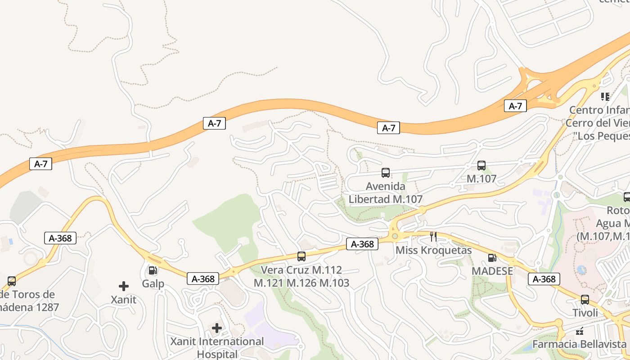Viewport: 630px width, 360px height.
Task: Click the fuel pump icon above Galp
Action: [153, 270]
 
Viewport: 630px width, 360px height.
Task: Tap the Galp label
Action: [153, 284]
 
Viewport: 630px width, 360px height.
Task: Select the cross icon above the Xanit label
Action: [124, 286]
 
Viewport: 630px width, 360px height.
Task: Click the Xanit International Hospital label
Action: [217, 347]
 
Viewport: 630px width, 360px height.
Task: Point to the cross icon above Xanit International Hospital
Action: [217, 328]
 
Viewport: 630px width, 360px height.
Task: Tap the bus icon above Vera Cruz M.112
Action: [301, 256]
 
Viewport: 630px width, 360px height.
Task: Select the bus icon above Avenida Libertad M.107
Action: [386, 172]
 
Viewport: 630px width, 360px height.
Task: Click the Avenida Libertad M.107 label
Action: [386, 193]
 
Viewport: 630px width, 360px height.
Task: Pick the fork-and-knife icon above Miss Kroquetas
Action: [433, 237]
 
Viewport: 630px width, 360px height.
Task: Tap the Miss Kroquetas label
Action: [433, 250]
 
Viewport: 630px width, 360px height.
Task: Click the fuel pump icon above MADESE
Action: [492, 258]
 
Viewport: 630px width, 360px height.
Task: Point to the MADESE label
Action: [492, 271]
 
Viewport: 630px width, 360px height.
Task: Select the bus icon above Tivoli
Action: [585, 299]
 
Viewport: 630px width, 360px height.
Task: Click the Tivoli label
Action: [585, 312]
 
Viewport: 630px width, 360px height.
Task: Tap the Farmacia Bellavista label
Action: [580, 344]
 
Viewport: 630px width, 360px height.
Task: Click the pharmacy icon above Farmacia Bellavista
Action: [580, 331]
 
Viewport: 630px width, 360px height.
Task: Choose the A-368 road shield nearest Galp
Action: [203, 279]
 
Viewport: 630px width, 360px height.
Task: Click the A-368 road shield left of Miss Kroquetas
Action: [362, 244]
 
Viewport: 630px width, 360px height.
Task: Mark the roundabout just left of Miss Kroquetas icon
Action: [395, 236]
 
